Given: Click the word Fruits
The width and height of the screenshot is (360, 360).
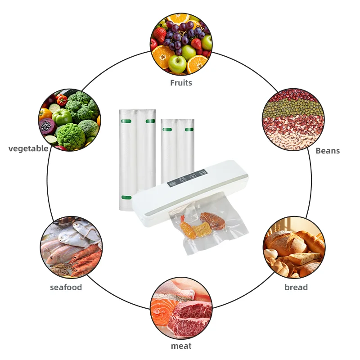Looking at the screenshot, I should [x=181, y=83].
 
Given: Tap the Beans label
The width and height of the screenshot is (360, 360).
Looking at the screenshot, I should [x=327, y=151].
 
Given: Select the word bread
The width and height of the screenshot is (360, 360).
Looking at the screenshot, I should [x=296, y=287].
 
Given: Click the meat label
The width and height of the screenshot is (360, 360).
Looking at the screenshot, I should [x=181, y=346].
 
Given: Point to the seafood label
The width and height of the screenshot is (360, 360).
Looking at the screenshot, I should [x=66, y=287].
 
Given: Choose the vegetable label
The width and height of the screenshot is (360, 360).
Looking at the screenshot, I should [x=28, y=148].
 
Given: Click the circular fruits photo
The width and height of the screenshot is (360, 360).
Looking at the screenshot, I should [x=181, y=43].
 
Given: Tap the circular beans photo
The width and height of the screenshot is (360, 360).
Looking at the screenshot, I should [x=293, y=120].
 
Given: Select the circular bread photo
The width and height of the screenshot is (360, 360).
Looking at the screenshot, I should [x=294, y=247].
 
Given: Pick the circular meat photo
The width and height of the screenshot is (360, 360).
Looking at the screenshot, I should [x=181, y=308].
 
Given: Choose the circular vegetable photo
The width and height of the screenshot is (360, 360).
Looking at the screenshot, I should [x=69, y=120].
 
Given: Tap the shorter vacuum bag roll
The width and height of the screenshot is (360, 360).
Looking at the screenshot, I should [x=177, y=148].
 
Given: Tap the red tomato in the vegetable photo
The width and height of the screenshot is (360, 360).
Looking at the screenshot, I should [x=62, y=99].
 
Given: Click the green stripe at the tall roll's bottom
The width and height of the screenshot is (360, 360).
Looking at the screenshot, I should [x=126, y=198].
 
